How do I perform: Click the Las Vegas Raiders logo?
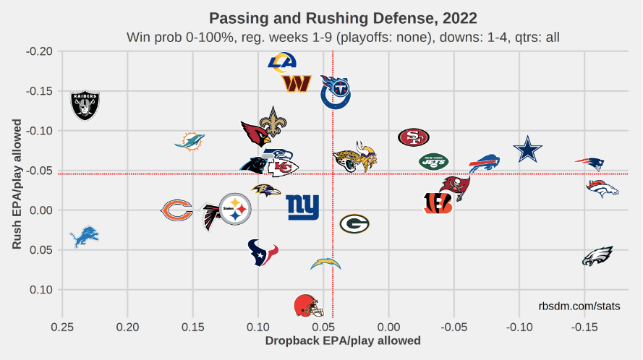point(85,106)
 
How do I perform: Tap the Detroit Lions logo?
point(84,236)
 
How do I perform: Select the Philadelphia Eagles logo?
point(598,256)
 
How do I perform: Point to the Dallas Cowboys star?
point(527,150)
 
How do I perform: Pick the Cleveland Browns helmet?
point(309,306)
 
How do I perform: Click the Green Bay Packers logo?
point(354,223)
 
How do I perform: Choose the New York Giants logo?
point(302,207)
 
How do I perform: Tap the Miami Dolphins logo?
point(190,141)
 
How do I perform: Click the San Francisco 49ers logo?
point(414,137)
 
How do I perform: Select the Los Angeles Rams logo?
point(282,62)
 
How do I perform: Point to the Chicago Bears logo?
point(176,210)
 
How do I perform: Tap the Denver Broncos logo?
point(602,189)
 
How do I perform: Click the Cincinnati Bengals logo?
point(438,203)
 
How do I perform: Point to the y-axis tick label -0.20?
point(38,51)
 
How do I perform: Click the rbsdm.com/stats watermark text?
point(579,307)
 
